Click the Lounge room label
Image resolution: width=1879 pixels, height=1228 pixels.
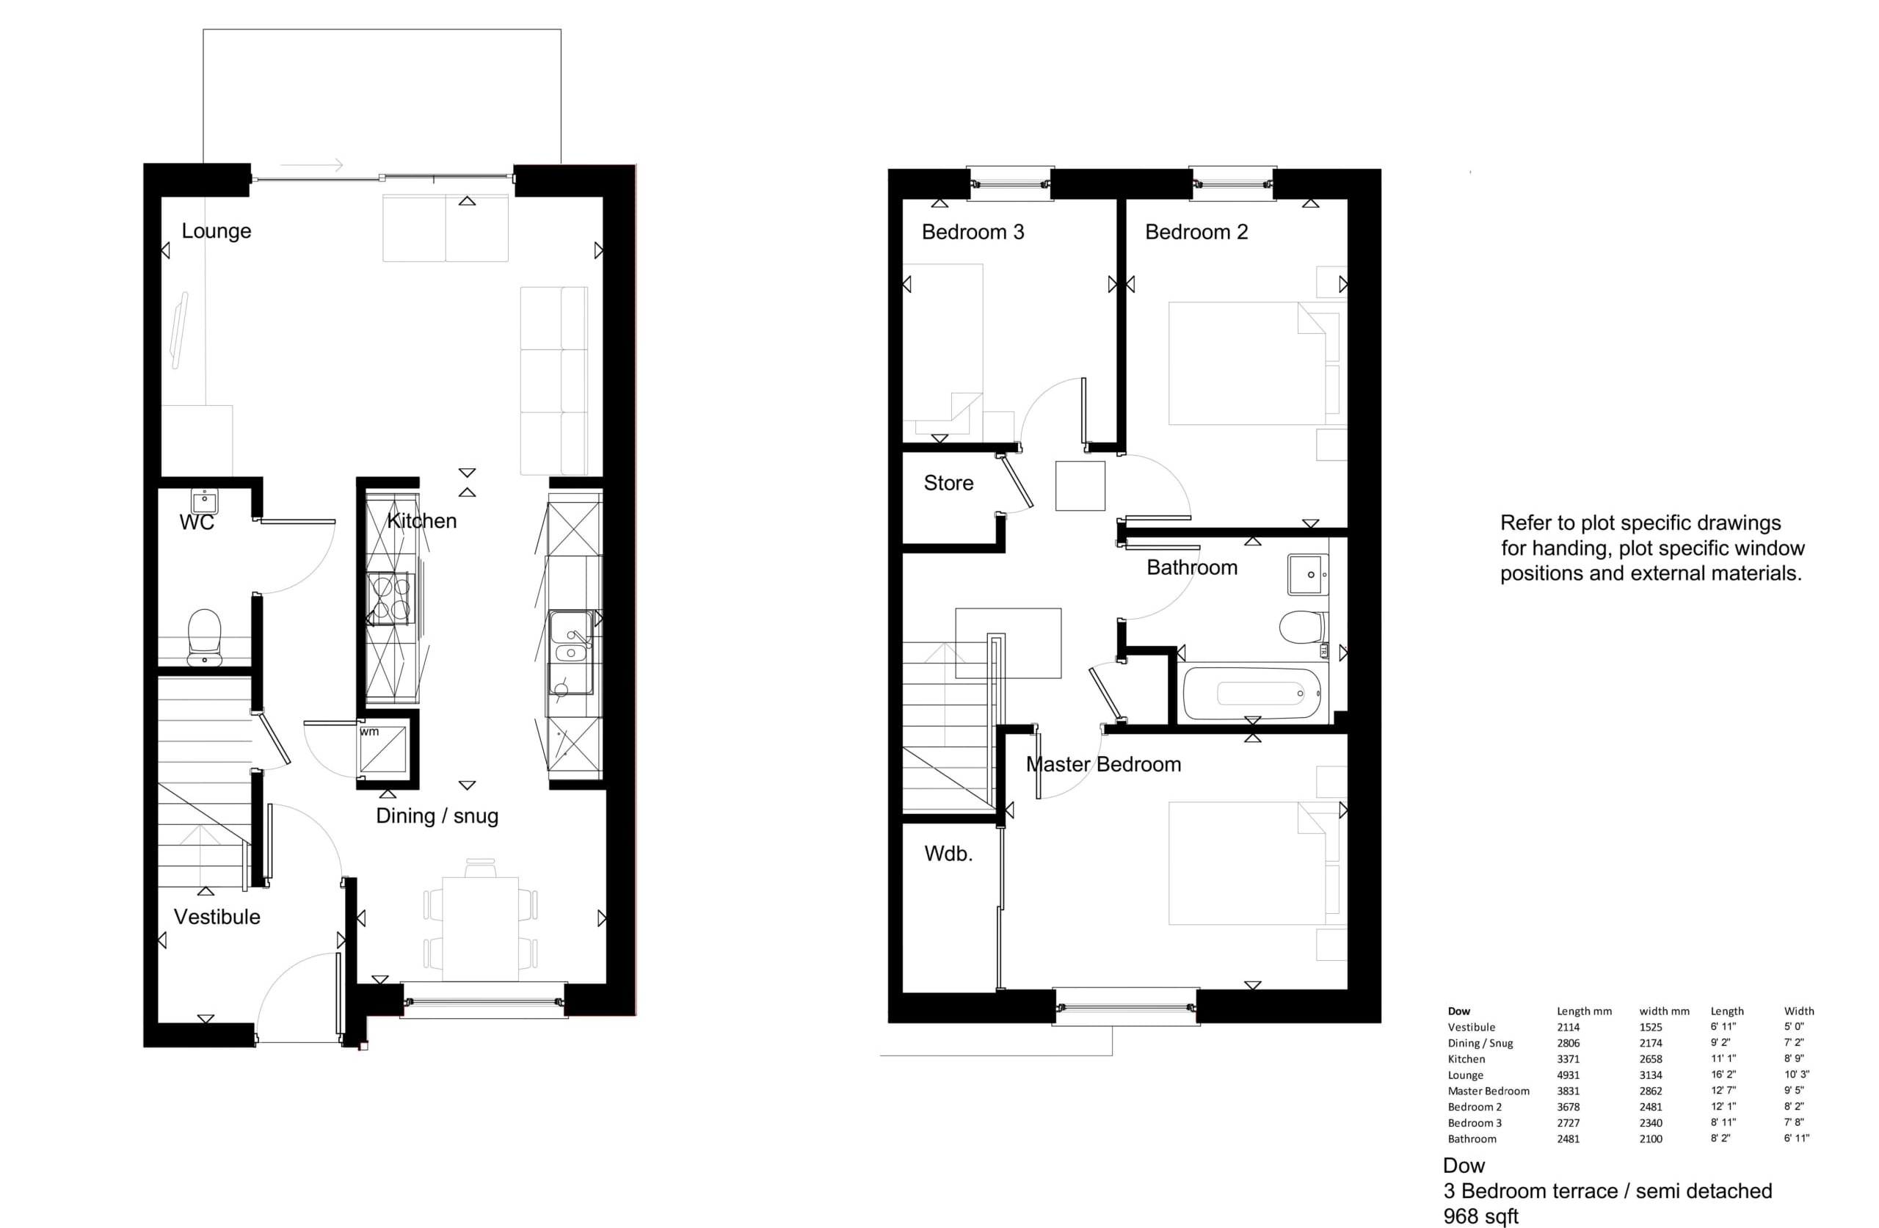coord(217,231)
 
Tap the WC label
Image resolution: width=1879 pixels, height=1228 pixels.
coord(197,522)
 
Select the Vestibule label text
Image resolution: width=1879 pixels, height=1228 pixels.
coord(217,917)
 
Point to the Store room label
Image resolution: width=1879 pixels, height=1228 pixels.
coord(948,482)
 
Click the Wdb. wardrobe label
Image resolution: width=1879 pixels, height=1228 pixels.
coord(948,853)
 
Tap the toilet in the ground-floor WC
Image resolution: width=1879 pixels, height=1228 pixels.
coord(205,636)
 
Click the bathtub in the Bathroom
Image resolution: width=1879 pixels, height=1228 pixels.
coord(1251,694)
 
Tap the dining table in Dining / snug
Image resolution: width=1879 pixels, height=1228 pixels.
coord(480,928)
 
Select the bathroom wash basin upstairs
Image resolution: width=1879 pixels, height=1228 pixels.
coord(1308,574)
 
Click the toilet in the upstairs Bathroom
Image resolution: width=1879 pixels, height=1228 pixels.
coord(1302,627)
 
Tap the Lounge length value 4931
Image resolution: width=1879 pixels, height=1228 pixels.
coord(1568,1075)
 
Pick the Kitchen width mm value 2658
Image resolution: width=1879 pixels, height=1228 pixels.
coord(1651,1059)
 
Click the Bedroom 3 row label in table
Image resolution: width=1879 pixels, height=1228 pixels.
coord(1475,1123)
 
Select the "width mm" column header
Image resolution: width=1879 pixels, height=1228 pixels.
coord(1664,1011)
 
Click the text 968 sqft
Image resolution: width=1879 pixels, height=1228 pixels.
coord(1481,1216)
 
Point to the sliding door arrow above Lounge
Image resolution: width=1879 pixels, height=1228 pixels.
coord(311,165)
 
